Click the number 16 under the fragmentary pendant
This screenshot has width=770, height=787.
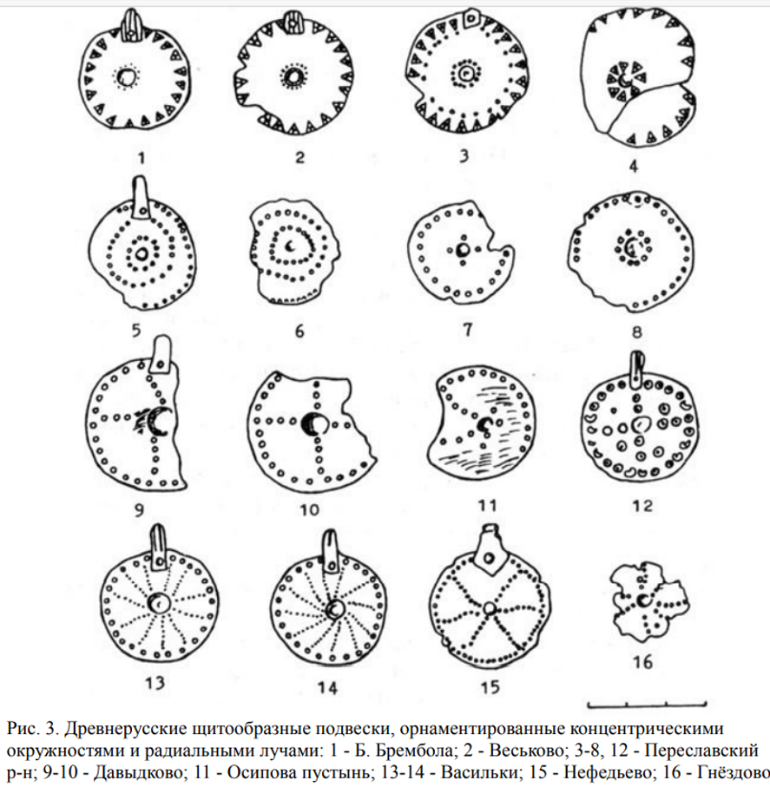643,662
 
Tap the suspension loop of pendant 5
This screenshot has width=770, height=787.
141,197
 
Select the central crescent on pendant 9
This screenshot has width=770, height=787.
161,420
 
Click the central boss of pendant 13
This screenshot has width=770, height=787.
160,603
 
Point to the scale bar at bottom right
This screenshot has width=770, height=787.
647,705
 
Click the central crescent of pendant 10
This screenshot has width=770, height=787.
315,424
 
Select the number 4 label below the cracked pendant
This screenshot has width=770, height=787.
634,166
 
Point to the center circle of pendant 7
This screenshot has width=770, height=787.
463,249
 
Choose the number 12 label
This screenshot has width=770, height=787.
642,506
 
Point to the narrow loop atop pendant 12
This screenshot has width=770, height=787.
636,371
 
